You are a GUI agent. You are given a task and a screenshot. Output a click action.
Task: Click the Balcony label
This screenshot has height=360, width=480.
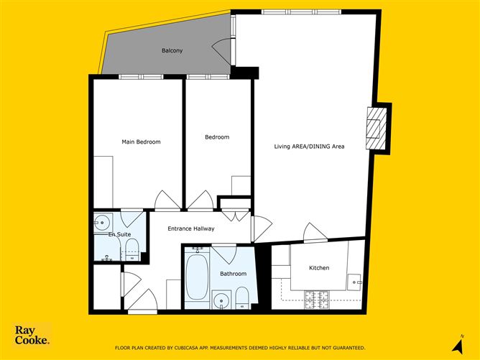click(172, 50)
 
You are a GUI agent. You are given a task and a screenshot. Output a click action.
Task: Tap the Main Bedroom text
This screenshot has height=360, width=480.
click(141, 142)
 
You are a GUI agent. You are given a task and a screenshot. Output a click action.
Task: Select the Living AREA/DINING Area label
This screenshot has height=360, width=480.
click(309, 147)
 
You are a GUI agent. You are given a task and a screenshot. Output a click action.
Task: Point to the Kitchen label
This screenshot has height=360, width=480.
click(319, 268)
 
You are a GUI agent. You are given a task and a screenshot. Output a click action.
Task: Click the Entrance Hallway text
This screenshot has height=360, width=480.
click(191, 229)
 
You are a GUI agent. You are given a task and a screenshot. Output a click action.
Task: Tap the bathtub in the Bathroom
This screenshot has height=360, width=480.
click(197, 277)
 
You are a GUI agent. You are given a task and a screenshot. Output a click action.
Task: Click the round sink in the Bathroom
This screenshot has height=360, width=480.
click(221, 300)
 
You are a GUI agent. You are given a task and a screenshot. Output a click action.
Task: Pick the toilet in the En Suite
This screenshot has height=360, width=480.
click(132, 250)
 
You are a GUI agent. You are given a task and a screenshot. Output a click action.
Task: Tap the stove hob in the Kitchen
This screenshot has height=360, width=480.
click(317, 300)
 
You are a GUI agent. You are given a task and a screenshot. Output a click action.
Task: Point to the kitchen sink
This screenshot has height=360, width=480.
click(354, 282)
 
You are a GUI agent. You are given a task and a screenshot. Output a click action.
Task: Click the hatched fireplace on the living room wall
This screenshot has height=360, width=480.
click(376, 129)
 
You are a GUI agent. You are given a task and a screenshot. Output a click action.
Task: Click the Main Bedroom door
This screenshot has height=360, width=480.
click(167, 200)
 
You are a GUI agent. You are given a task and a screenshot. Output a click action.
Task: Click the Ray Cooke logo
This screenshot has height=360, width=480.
click(32, 335)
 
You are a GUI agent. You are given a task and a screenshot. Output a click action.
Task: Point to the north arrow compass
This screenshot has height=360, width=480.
click(458, 345)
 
